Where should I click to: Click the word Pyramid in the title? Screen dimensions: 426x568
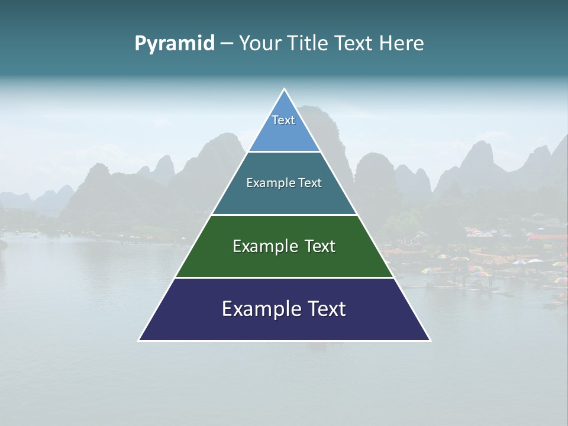[174, 44]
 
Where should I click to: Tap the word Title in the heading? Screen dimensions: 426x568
[312, 43]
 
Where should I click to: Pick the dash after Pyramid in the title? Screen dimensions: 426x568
[227, 44]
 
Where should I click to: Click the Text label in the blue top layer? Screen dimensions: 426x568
[283, 120]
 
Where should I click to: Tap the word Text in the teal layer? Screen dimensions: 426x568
[311, 183]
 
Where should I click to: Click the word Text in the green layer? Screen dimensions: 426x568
[320, 246]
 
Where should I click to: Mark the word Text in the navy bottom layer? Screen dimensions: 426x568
[326, 309]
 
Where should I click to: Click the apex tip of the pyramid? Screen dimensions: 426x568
[284, 89]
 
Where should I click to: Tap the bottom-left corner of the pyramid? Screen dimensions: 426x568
[140, 340]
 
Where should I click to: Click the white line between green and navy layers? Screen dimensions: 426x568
[284, 277]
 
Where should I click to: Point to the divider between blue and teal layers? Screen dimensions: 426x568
[284, 152]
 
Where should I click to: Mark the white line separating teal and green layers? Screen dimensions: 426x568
[284, 215]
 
